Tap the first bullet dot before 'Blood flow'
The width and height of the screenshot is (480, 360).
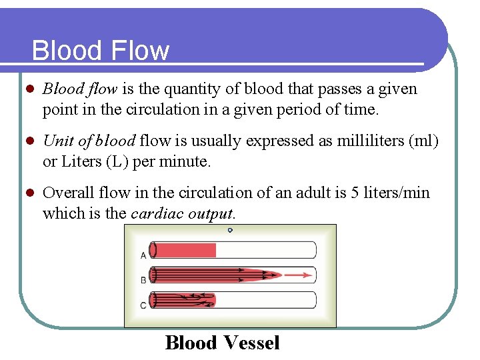pyautogui.click(x=28, y=89)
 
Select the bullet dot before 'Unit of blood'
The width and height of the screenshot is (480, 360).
pyautogui.click(x=28, y=141)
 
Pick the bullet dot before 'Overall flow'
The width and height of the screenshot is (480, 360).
pyautogui.click(x=28, y=193)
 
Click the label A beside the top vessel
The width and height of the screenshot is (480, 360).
pyautogui.click(x=143, y=255)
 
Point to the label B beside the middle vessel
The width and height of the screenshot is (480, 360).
pyautogui.click(x=143, y=280)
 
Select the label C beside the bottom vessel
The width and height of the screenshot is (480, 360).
pyautogui.click(x=143, y=305)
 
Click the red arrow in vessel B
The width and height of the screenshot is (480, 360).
pyautogui.click(x=300, y=274)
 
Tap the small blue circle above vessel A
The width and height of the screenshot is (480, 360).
pyautogui.click(x=230, y=231)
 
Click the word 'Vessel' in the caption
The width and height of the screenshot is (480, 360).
pyautogui.click(x=251, y=343)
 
